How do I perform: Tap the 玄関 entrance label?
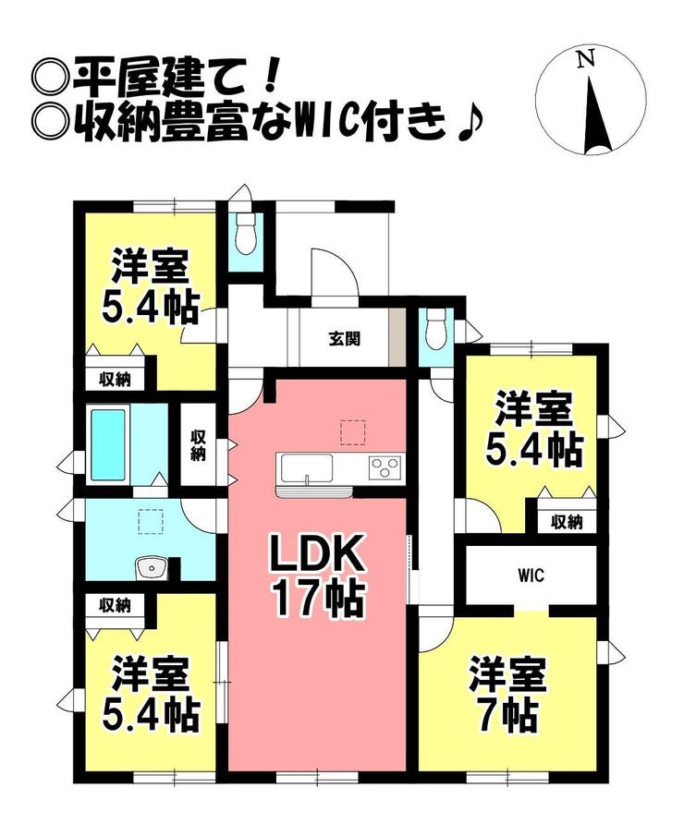345,339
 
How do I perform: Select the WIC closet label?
531,576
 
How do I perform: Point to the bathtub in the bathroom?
109,445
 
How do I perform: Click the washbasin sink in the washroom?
152,568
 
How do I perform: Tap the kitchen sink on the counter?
307,467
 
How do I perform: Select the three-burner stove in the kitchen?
385,467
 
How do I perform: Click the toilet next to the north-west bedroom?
246,235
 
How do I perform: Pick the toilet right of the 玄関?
436,329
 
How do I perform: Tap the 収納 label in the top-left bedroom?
116,379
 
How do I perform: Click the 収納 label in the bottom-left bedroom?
116,606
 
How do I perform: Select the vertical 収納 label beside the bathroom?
198,445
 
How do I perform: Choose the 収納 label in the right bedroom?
567,522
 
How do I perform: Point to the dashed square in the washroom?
151,521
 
